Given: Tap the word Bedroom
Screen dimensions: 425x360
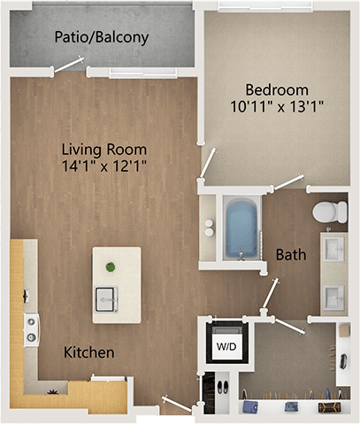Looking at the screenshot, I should pos(277,89).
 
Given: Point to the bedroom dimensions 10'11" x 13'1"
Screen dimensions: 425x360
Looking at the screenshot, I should pos(277,107).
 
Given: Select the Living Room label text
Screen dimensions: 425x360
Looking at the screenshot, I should pos(103,149).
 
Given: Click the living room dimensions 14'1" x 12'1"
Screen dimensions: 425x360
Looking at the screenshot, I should pos(103,166).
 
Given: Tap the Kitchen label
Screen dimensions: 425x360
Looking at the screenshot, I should pos(89,352).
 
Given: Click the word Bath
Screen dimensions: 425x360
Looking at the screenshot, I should pos(291,255).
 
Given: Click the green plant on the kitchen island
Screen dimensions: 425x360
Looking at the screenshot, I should pos(111,267).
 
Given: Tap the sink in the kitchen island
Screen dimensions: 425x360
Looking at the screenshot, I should pos(107,295).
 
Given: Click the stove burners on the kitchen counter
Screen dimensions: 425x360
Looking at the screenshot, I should pos(32,329).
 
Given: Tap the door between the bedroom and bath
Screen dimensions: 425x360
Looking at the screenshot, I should pos(287,183).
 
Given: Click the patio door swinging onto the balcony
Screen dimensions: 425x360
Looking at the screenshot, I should pos(68,65).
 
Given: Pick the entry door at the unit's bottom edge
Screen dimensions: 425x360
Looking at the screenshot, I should pos(176,404).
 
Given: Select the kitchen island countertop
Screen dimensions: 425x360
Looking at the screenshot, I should pos(116,282).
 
